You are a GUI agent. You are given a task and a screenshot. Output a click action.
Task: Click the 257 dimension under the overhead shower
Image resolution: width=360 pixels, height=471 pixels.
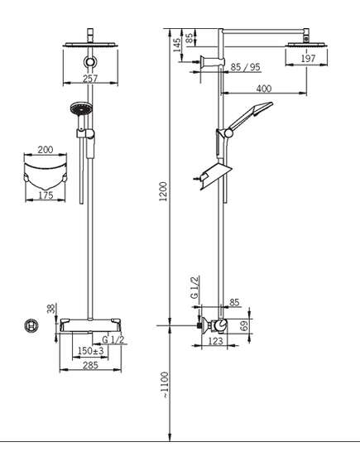tap(90, 79)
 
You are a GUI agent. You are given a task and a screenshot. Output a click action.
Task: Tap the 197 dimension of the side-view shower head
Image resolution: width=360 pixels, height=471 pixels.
tap(308, 58)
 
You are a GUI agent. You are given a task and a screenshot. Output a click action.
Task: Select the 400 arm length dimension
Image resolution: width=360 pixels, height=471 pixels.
tap(264, 89)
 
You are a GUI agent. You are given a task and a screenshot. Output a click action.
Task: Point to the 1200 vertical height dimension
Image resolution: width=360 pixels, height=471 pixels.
tap(164, 191)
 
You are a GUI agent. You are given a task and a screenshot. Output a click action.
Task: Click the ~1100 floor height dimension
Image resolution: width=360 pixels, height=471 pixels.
tap(165, 386)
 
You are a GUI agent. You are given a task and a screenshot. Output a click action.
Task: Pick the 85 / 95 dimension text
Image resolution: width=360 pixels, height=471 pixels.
tap(245, 67)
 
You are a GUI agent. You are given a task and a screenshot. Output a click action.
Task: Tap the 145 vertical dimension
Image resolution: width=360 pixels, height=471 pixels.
tap(177, 45)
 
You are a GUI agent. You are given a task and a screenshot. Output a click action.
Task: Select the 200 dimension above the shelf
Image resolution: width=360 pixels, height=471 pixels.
tap(46, 149)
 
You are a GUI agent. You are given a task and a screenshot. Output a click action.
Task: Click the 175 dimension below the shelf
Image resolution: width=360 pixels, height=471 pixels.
tap(46, 195)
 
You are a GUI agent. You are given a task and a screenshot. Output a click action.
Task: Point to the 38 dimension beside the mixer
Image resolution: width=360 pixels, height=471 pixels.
tap(51, 309)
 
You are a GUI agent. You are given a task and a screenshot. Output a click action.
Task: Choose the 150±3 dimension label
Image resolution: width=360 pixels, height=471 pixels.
tap(90, 350)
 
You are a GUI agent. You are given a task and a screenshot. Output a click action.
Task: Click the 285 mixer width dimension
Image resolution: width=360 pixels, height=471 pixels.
tap(90, 365)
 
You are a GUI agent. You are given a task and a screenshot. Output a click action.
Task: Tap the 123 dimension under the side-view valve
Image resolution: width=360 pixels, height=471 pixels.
tap(215, 341)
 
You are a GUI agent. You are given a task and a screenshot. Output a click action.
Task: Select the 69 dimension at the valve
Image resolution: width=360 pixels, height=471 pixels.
tap(245, 326)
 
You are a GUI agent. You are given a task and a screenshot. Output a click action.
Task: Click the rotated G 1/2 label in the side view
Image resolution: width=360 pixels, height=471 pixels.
tap(194, 287)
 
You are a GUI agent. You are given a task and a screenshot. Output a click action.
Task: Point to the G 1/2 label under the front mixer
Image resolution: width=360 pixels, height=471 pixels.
tap(113, 339)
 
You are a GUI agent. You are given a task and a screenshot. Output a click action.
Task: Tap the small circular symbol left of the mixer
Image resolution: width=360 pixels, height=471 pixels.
tap(31, 325)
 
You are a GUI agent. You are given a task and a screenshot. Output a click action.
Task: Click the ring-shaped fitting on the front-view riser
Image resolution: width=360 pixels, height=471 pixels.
tap(89, 61)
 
